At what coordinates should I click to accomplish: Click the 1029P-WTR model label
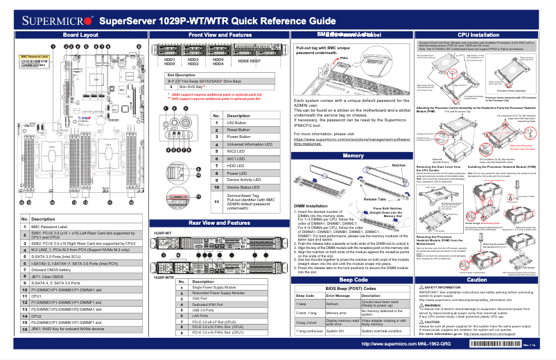pyautogui.click(x=182, y=277)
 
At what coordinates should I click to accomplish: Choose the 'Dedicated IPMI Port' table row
pyautogui.click(x=209, y=305)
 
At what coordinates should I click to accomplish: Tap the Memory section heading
pyautogui.click(x=354, y=155)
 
